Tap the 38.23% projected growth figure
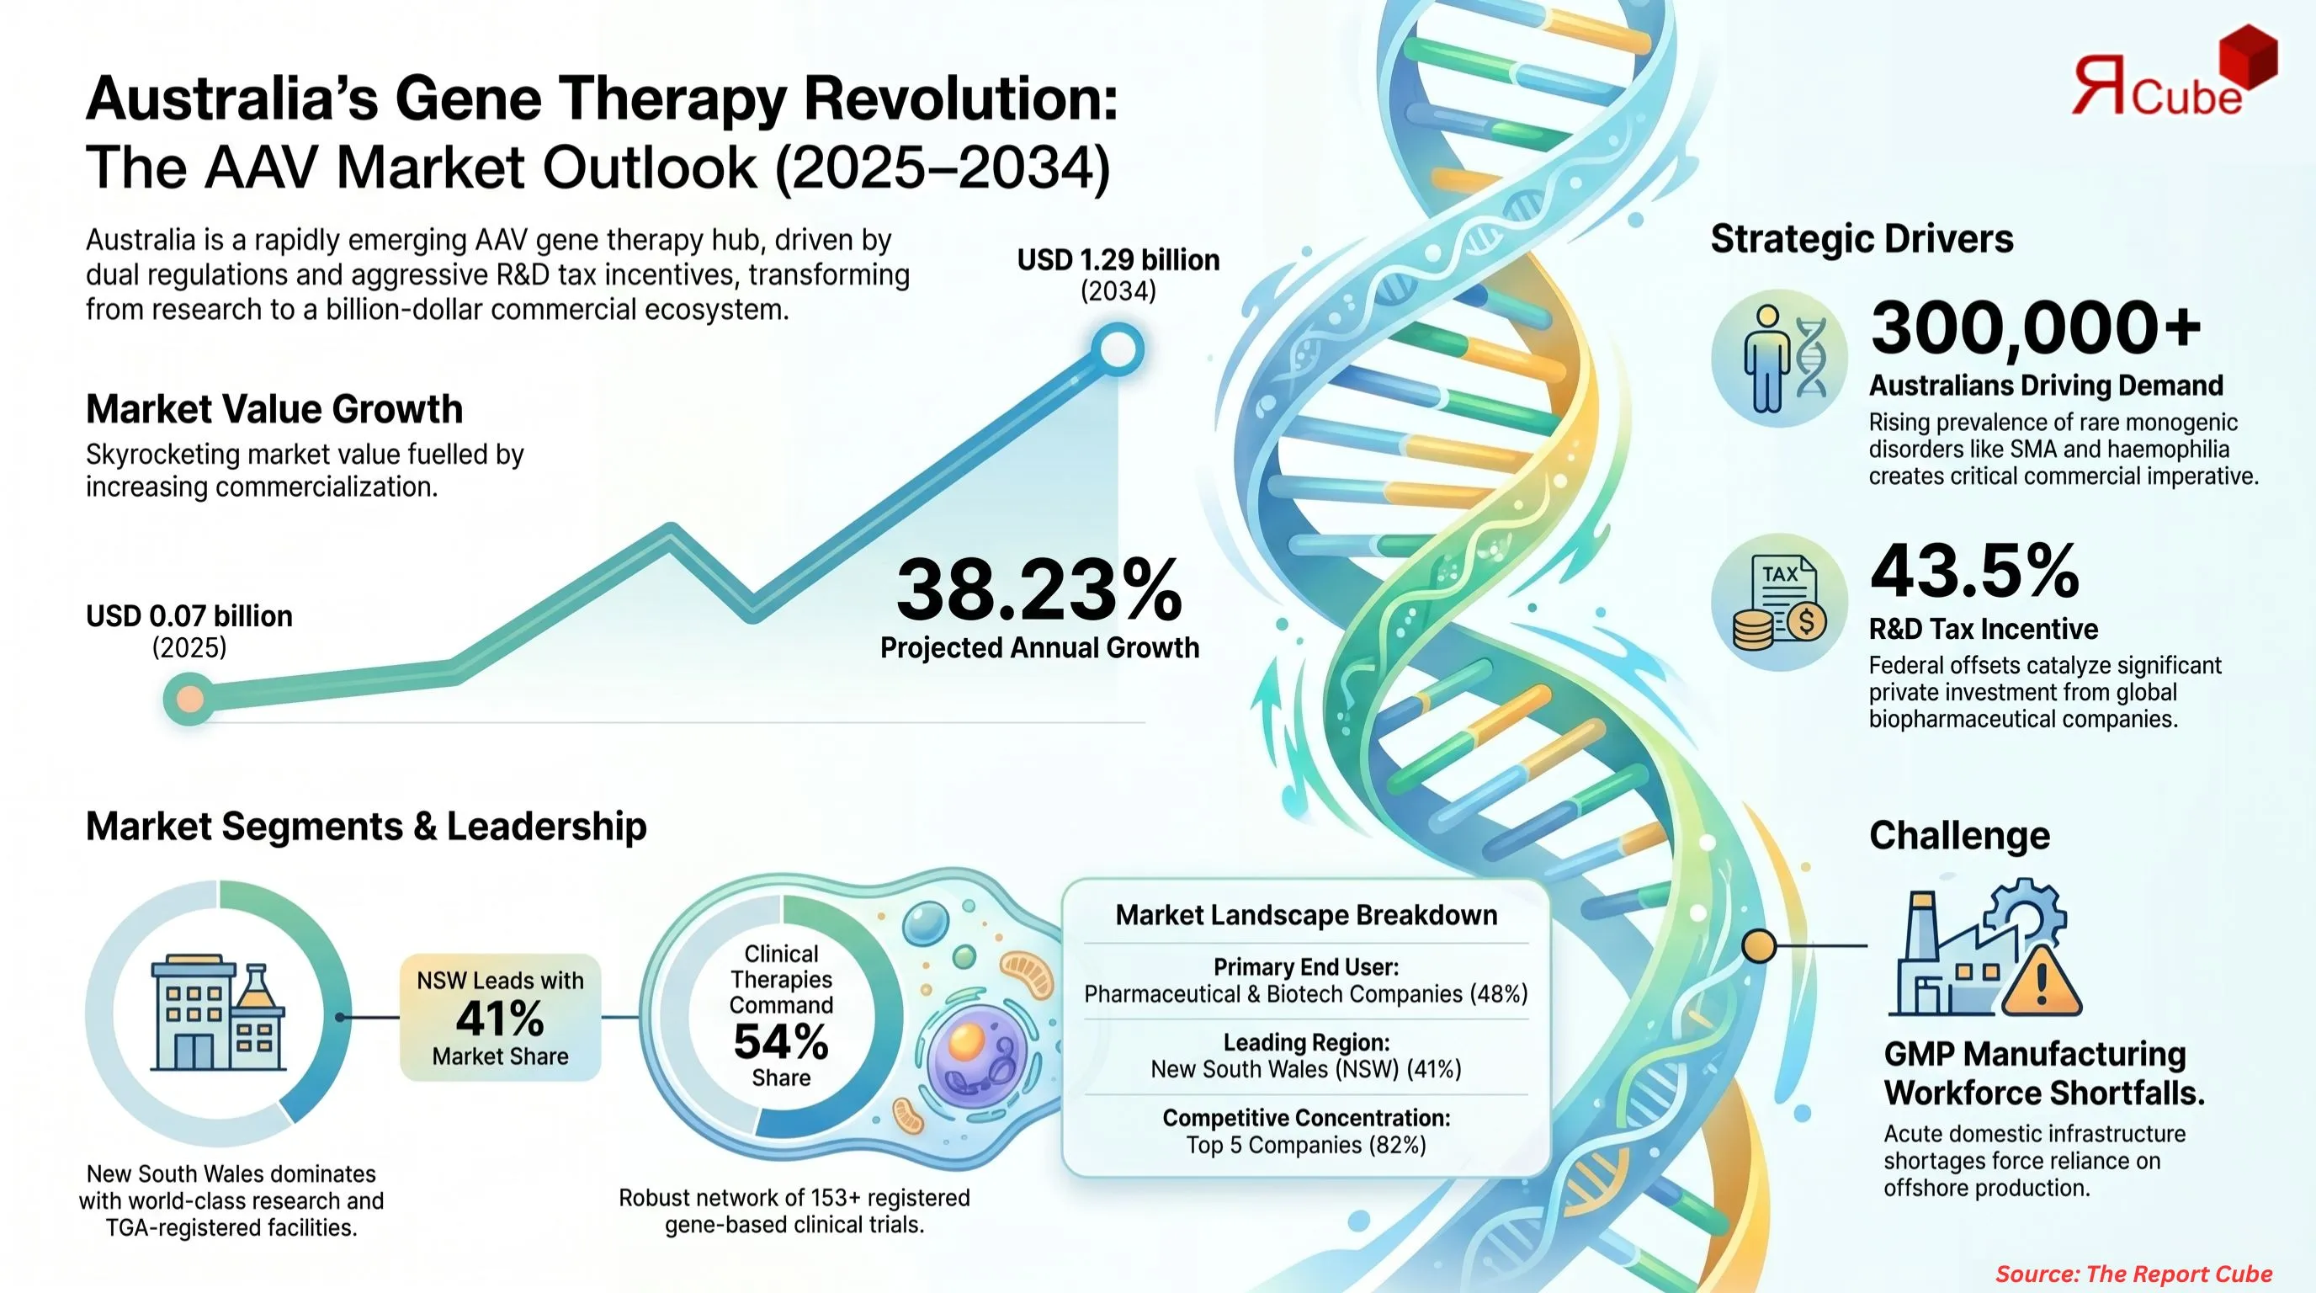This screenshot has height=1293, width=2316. [1038, 590]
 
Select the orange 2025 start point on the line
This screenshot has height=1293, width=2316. [189, 699]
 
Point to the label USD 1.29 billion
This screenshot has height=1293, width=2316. [1118, 260]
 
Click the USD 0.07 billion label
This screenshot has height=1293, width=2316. [189, 616]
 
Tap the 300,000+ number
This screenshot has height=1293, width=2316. [2036, 327]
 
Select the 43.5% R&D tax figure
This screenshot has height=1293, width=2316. [1974, 571]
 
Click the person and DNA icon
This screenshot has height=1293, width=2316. [1779, 358]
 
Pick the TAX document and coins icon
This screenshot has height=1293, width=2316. [1779, 603]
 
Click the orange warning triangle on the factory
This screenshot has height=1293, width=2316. [2041, 982]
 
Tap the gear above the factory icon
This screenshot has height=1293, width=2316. [2025, 918]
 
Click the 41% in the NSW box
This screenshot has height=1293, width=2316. [500, 1019]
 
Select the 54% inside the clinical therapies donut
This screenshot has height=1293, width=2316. [780, 1042]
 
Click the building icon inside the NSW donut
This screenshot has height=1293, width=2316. [218, 1014]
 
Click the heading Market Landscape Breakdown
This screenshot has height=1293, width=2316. [1306, 915]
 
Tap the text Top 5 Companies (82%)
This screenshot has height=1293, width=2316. [1306, 1145]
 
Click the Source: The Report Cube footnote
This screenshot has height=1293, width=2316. [2133, 1274]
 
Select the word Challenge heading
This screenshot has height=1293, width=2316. [1959, 835]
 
